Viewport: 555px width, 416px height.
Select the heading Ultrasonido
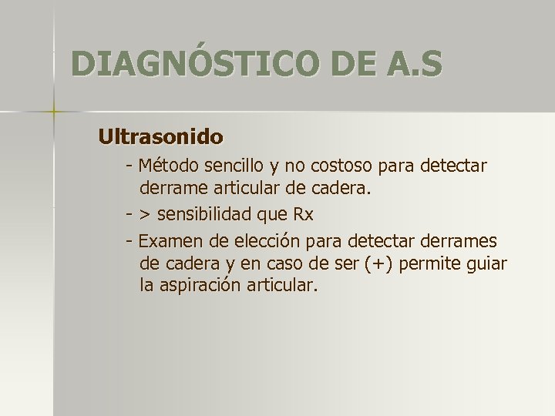pyautogui.click(x=160, y=137)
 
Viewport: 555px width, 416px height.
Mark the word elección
pyautogui.click(x=271, y=241)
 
